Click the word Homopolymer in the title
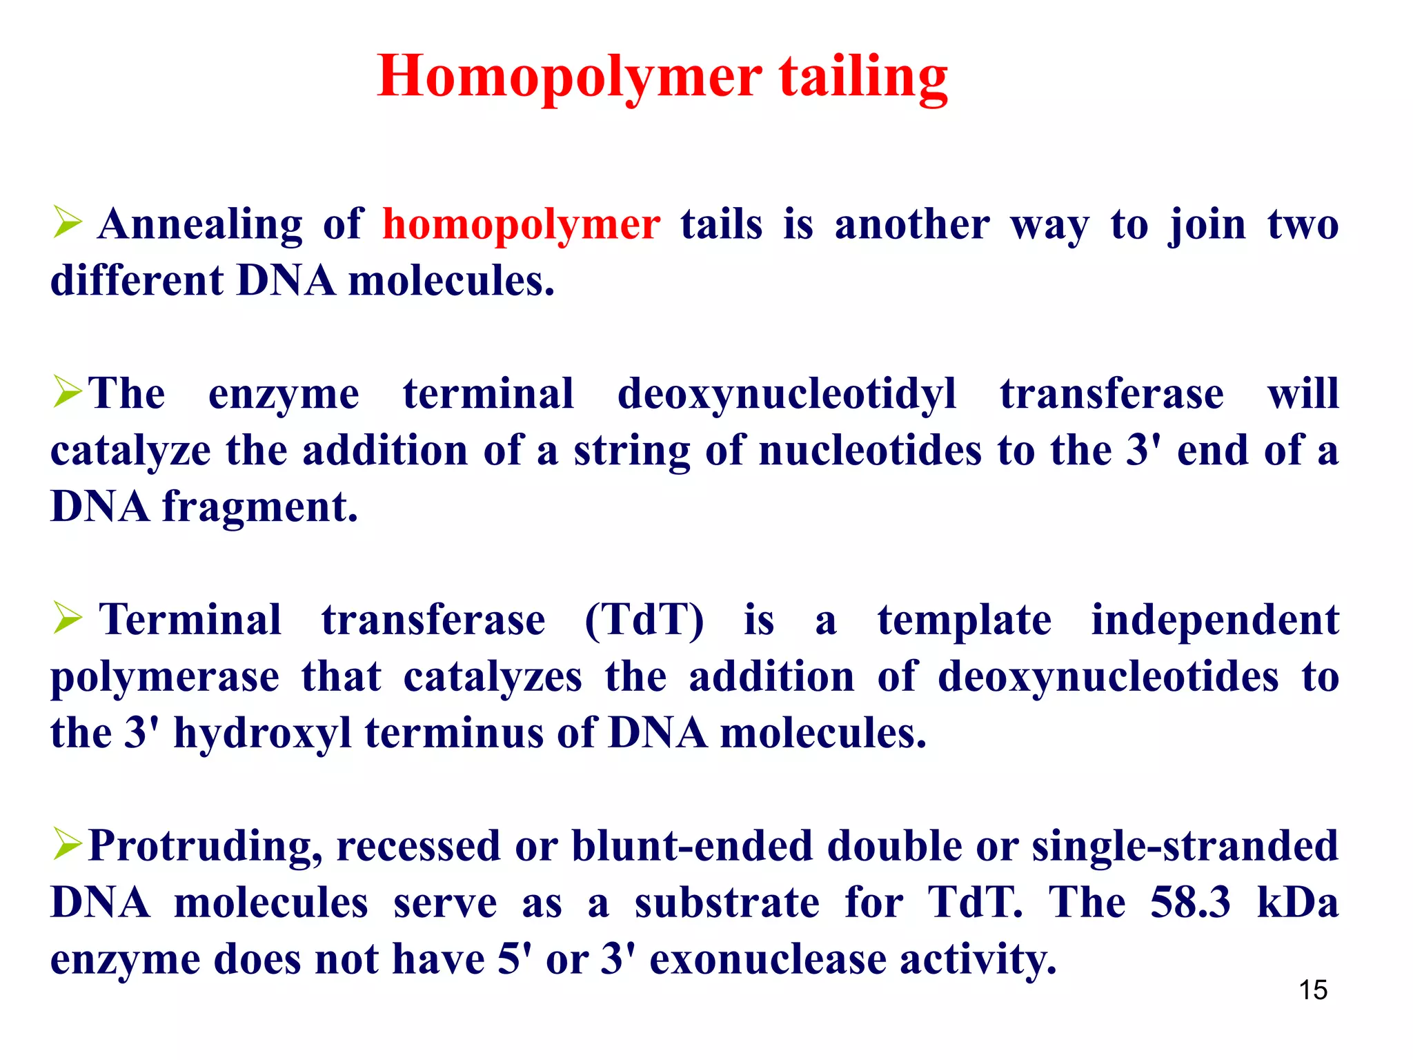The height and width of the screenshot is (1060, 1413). click(570, 77)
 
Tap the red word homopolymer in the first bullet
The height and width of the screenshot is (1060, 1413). click(522, 225)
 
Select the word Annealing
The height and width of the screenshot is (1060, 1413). click(200, 225)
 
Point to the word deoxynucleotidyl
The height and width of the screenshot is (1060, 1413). click(787, 395)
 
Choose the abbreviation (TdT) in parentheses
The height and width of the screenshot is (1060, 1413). click(644, 620)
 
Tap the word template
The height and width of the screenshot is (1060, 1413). click(965, 620)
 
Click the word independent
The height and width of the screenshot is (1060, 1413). click(1215, 620)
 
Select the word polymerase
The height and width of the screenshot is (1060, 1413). click(165, 677)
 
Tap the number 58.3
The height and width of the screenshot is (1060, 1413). click(1190, 903)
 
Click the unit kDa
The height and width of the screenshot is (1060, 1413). click(1298, 903)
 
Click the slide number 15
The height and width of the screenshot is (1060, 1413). click(1313, 990)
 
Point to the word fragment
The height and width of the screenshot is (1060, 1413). click(260, 508)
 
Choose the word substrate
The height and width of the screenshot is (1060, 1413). click(727, 903)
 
